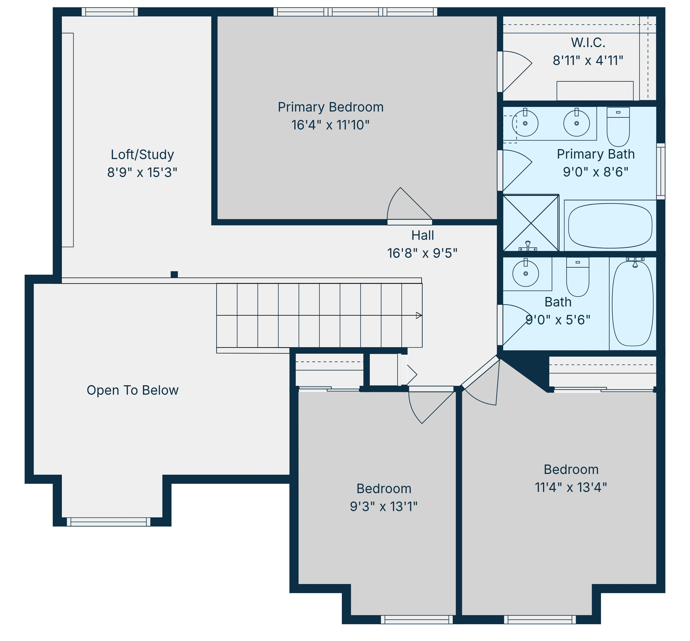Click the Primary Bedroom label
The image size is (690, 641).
[x=330, y=107]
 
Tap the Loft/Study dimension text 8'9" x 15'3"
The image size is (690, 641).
[x=142, y=172]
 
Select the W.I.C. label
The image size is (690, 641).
[x=588, y=43]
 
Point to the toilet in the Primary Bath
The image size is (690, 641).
[x=618, y=127]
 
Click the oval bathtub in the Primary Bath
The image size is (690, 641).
[x=610, y=226]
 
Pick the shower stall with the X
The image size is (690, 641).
[x=531, y=223]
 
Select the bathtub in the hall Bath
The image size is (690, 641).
[x=632, y=303]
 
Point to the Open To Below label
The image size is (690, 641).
[x=132, y=390]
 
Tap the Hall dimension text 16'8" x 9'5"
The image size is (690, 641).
[x=422, y=253]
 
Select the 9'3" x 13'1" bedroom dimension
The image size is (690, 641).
[x=384, y=506]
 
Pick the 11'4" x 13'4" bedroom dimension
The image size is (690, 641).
[x=571, y=487]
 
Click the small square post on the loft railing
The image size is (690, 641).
[x=174, y=274]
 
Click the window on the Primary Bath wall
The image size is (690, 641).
[x=661, y=171]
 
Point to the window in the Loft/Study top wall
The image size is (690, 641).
[x=110, y=12]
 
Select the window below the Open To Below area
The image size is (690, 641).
[x=109, y=522]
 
